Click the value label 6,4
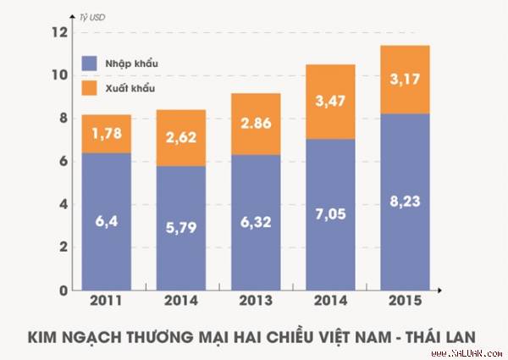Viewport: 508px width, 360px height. pyautogui.click(x=106, y=223)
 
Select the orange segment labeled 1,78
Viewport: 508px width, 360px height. pyautogui.click(x=106, y=134)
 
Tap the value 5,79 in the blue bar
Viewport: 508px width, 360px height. pyautogui.click(x=180, y=228)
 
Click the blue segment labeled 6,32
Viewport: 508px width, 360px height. pyautogui.click(x=256, y=224)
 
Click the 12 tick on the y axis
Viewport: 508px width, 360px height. pyautogui.click(x=58, y=33)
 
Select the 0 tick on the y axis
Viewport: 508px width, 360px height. pyautogui.click(x=62, y=291)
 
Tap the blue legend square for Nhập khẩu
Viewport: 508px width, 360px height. pyautogui.click(x=88, y=64)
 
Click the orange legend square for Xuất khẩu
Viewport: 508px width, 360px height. pyautogui.click(x=88, y=87)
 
